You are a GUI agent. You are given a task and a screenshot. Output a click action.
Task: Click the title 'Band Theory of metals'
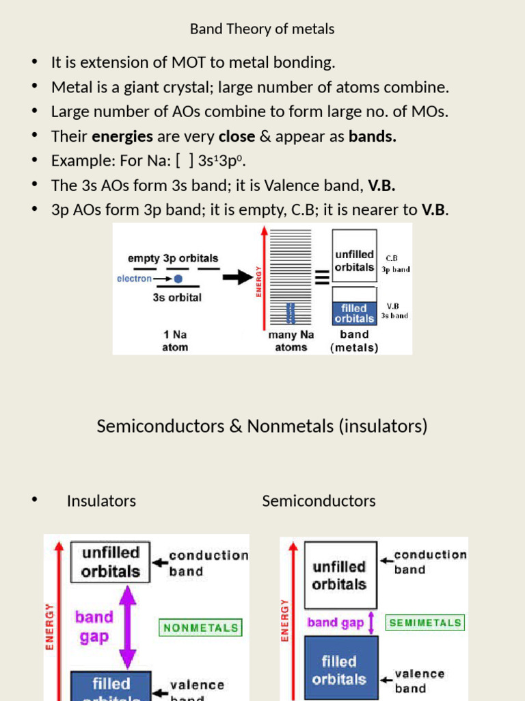click(x=262, y=29)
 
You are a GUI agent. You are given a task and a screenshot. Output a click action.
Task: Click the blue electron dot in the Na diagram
click(x=178, y=279)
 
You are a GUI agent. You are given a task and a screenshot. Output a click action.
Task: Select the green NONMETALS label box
click(x=200, y=627)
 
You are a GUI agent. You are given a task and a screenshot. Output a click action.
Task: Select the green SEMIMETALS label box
click(x=425, y=622)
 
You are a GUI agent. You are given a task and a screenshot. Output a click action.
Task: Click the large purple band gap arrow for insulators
click(x=128, y=627)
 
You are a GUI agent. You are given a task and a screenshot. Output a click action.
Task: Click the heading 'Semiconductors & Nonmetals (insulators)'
click(x=262, y=426)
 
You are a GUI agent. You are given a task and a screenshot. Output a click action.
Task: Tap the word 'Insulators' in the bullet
click(x=101, y=501)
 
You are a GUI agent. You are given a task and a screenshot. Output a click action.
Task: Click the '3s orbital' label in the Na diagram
click(x=177, y=298)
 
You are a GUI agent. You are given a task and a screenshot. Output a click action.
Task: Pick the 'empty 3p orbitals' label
click(x=174, y=258)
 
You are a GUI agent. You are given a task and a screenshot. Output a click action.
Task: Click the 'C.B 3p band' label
click(x=395, y=264)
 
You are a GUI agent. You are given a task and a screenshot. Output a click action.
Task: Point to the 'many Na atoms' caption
click(x=291, y=341)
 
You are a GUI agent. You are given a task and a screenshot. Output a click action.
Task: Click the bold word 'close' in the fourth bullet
click(x=237, y=136)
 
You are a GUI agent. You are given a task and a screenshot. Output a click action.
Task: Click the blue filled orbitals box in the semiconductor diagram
click(x=340, y=670)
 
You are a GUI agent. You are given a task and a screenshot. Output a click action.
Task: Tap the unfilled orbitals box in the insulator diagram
click(x=111, y=562)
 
